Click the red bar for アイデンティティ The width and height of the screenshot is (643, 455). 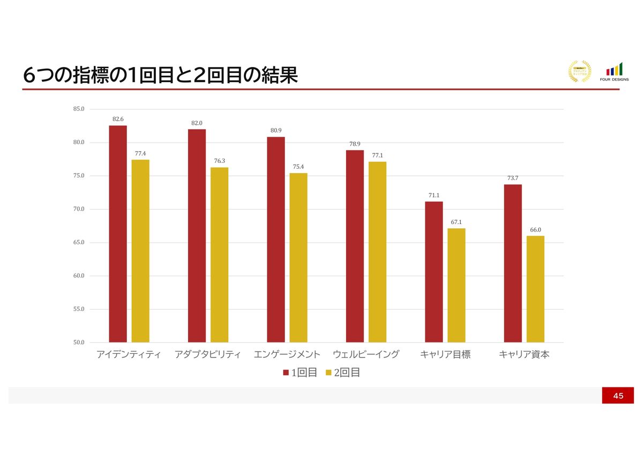click(118, 234)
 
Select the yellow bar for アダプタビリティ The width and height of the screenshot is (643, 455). click(219, 255)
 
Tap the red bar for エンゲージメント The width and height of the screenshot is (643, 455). click(276, 240)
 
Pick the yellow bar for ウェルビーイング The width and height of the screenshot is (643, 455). click(377, 252)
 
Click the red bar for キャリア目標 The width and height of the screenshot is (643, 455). click(434, 272)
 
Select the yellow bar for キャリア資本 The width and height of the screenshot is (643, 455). click(535, 289)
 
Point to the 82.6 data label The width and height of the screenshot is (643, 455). click(118, 119)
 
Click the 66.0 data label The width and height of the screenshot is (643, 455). click(535, 230)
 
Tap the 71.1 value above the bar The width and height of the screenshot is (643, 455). click(434, 196)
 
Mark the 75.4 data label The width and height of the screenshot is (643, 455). click(298, 167)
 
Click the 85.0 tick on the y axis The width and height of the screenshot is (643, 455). click(79, 109)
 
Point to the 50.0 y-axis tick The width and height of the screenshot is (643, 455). click(79, 342)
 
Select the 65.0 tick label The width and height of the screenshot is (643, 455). click(79, 243)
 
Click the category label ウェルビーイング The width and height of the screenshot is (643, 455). click(366, 355)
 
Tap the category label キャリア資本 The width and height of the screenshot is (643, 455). click(524, 355)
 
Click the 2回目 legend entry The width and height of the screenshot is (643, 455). click(342, 372)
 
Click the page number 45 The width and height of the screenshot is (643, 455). click(618, 396)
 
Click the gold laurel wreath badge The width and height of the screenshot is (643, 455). click(579, 71)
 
